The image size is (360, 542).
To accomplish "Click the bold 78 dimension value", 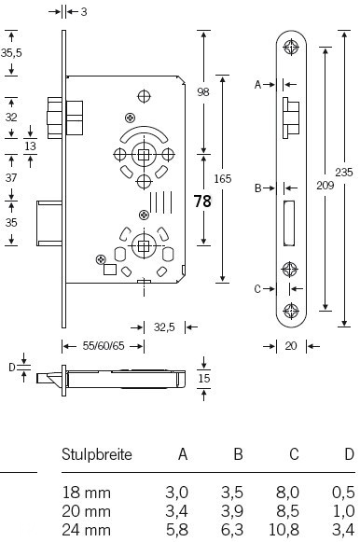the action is (x=202, y=202).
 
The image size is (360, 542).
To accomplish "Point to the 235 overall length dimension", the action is (x=344, y=172).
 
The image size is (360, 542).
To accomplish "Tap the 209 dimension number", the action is (x=325, y=186).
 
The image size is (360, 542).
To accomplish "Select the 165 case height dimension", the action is (x=223, y=179).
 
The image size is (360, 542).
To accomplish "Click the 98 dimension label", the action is (x=203, y=92).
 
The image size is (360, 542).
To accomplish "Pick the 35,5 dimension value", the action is (x=11, y=53).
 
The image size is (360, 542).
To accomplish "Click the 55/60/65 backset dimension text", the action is (x=104, y=346).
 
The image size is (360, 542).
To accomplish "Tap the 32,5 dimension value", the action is (x=164, y=327).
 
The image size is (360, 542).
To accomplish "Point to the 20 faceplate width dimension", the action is (x=291, y=346).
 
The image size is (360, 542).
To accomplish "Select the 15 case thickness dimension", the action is (x=204, y=378).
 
